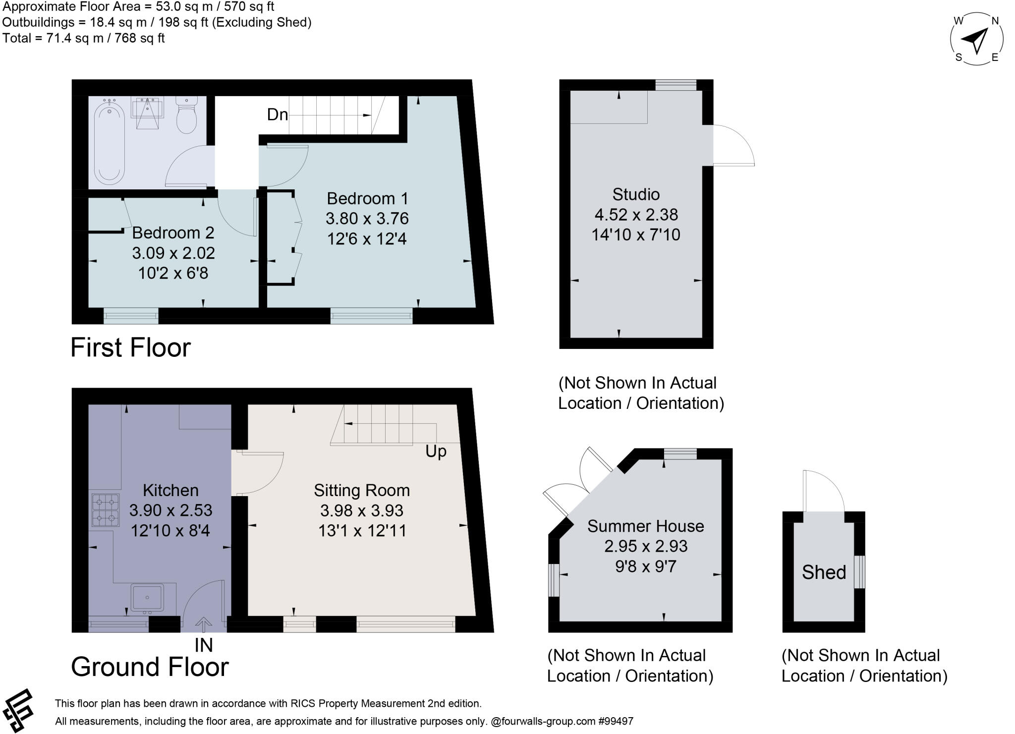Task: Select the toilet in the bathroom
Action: click(187, 115)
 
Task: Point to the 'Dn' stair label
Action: click(277, 115)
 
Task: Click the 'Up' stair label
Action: click(436, 452)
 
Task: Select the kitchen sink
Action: click(147, 598)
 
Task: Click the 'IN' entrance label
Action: click(203, 645)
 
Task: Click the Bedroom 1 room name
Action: click(367, 199)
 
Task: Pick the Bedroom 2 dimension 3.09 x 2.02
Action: click(173, 253)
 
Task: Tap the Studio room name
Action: click(636, 194)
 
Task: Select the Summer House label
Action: click(645, 526)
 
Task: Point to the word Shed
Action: click(824, 572)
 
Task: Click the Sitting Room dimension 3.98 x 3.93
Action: click(362, 510)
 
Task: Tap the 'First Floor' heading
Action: click(130, 347)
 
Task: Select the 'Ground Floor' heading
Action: click(150, 667)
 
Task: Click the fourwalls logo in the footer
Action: click(18, 710)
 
